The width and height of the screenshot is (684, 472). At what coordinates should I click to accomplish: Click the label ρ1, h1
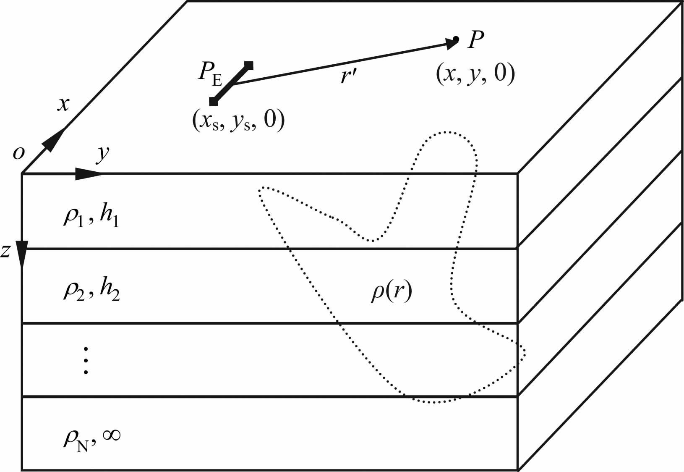(x=91, y=217)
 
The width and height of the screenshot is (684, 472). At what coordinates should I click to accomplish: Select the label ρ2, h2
(x=91, y=291)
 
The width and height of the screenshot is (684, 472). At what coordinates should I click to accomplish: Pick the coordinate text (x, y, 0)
(x=475, y=75)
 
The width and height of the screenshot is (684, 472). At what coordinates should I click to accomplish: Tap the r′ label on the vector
(x=348, y=77)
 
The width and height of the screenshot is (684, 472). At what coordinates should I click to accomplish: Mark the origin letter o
(x=18, y=154)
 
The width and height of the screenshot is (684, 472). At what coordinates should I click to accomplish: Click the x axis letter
(x=63, y=104)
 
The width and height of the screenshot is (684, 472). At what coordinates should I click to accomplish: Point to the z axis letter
(x=5, y=251)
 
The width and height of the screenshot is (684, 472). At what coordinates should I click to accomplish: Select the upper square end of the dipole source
(x=249, y=65)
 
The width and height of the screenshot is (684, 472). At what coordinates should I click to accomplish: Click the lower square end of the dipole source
(x=214, y=101)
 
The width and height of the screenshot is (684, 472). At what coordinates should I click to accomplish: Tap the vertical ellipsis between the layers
(x=86, y=360)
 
